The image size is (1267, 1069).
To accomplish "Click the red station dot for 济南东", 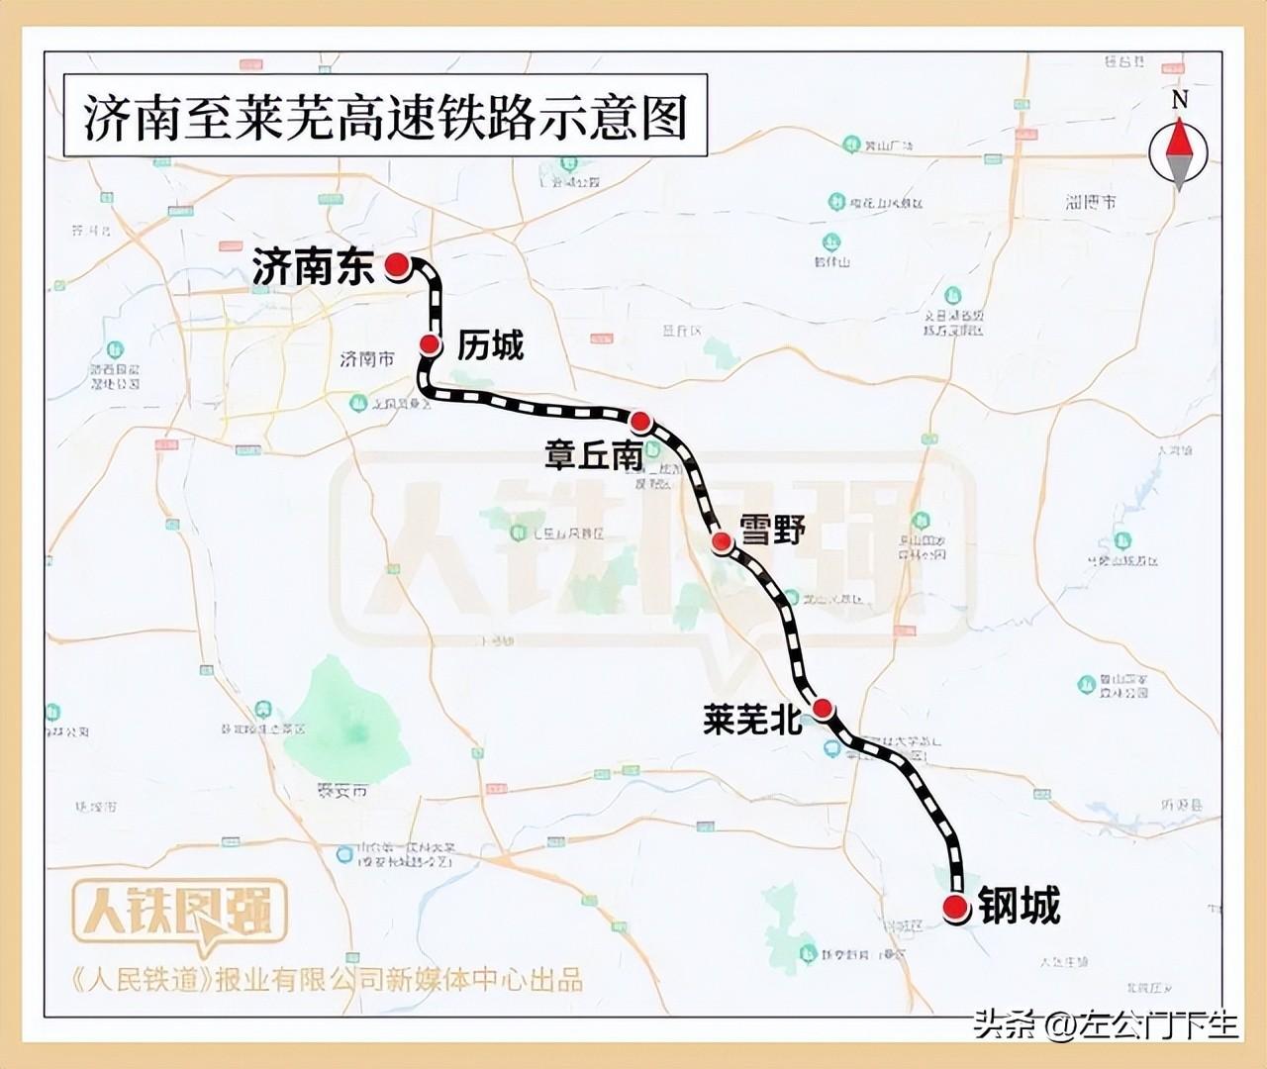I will pyautogui.click(x=397, y=264).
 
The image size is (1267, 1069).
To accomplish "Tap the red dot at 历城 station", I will pyautogui.click(x=431, y=343).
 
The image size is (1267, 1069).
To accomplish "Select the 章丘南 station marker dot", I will pyautogui.click(x=640, y=422).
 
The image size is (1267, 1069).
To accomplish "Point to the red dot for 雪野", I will pyautogui.click(x=722, y=540).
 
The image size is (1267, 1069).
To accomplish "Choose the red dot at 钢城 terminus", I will pyautogui.click(x=955, y=908).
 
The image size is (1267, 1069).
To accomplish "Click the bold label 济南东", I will pyautogui.click(x=314, y=267).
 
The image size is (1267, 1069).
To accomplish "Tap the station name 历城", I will pyautogui.click(x=490, y=345).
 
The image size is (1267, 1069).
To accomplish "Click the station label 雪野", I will pyautogui.click(x=773, y=531).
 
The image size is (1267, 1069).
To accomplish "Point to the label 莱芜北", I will pyautogui.click(x=752, y=720).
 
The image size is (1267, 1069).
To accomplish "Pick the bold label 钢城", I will pyautogui.click(x=1020, y=906).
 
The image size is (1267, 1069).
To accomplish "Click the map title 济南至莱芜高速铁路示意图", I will pyautogui.click(x=385, y=119).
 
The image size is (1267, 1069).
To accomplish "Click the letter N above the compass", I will pyautogui.click(x=1179, y=100).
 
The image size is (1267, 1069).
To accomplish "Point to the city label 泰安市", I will pyautogui.click(x=341, y=790).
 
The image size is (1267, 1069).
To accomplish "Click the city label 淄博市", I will pyautogui.click(x=1091, y=202).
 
